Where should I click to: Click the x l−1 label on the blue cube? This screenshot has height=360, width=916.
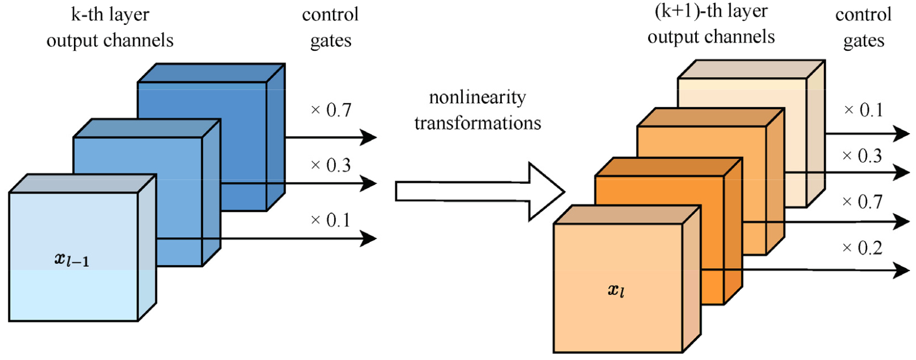(x=72, y=259)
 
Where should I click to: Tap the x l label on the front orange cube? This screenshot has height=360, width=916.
(x=616, y=290)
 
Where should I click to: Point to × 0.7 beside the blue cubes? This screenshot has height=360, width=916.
(x=331, y=110)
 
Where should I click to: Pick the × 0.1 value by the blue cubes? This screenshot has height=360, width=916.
(x=331, y=220)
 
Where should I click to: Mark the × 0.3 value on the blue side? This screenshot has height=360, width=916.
(x=331, y=165)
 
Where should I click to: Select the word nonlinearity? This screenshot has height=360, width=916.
(x=478, y=98)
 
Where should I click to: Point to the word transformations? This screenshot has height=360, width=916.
(x=478, y=123)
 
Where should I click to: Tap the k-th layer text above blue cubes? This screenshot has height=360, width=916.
(x=110, y=15)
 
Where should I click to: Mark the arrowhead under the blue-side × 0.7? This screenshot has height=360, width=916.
(x=369, y=137)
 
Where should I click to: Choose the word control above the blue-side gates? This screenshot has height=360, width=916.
(x=330, y=15)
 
